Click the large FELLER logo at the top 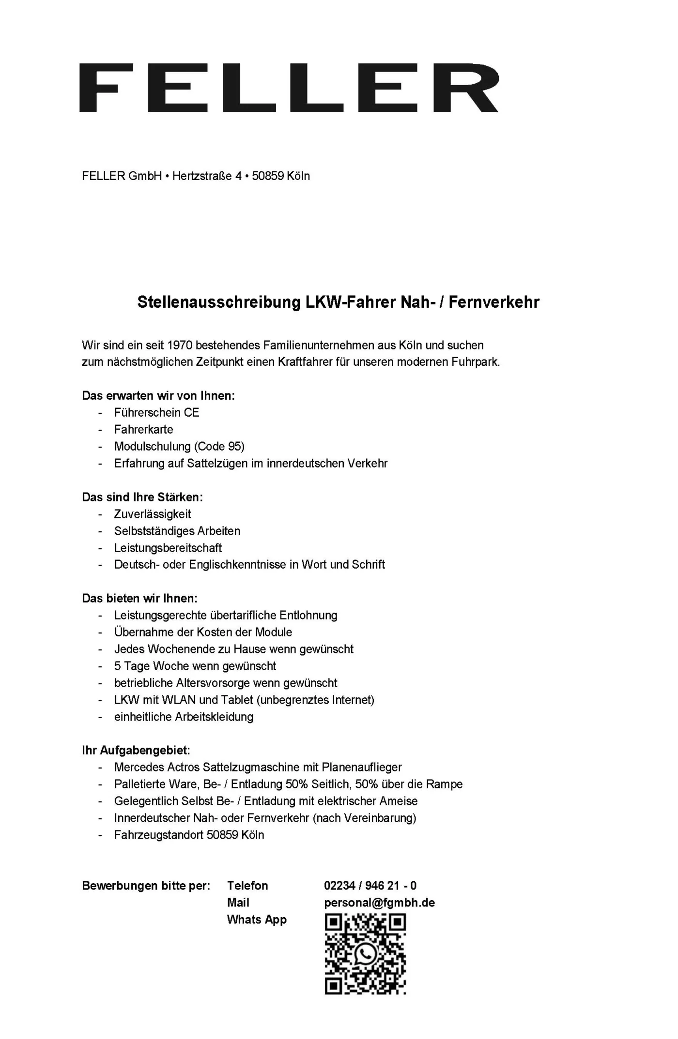tap(289, 88)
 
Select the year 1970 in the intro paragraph tap(180, 345)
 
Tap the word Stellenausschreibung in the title tap(219, 302)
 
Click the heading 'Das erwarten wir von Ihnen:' tap(158, 395)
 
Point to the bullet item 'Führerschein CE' tap(156, 412)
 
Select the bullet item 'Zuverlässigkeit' tap(153, 514)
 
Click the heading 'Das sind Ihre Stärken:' tap(142, 497)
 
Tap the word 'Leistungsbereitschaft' tap(168, 548)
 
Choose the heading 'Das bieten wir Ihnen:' tap(139, 598)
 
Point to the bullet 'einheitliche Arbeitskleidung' tap(184, 717)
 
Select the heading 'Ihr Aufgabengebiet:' tap(136, 751)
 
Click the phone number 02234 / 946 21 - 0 tap(370, 886)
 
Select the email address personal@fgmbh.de tap(379, 903)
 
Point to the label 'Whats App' tap(257, 919)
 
